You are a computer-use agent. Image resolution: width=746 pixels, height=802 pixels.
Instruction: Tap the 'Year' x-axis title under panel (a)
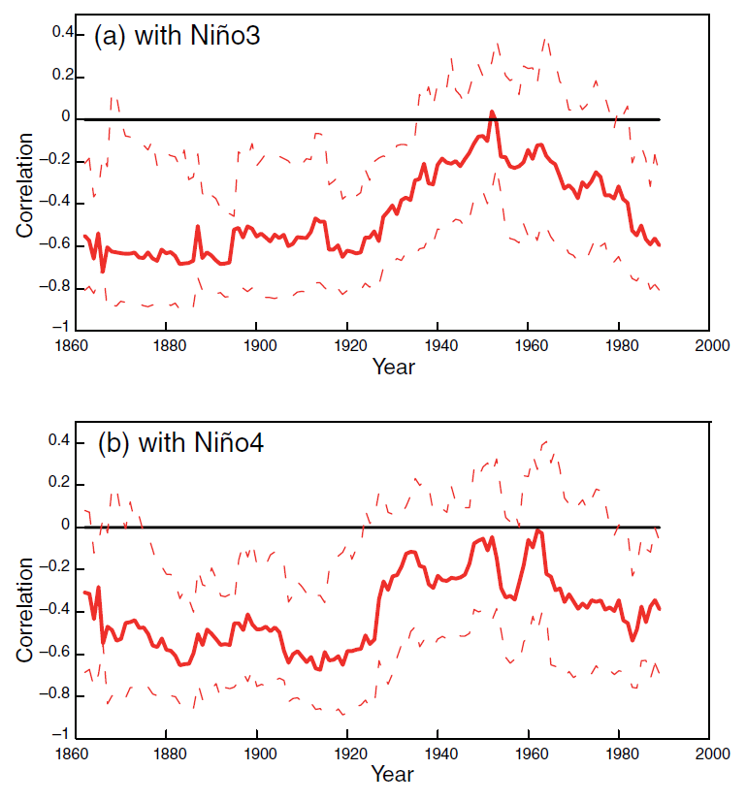(x=393, y=367)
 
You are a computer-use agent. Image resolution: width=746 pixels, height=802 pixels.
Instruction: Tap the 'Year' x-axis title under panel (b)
(x=393, y=774)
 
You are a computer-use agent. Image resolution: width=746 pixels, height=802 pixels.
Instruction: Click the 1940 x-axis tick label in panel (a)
(x=438, y=344)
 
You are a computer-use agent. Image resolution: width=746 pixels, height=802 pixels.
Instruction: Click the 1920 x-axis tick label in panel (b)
(x=348, y=753)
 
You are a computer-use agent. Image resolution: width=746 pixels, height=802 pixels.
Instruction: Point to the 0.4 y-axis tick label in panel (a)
(x=62, y=34)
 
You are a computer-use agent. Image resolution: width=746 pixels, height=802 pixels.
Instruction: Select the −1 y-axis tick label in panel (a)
(x=60, y=330)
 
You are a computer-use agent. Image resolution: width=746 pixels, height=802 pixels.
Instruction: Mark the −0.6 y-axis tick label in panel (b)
(x=57, y=653)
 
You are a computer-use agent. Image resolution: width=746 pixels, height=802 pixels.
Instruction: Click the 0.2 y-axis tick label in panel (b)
(x=62, y=483)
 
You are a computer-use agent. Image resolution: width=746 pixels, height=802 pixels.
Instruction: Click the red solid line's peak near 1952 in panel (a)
(x=492, y=112)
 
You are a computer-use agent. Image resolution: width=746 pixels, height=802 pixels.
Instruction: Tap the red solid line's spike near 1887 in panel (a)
(x=197, y=227)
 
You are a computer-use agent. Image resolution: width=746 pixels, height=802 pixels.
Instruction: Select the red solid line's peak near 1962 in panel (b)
(x=537, y=530)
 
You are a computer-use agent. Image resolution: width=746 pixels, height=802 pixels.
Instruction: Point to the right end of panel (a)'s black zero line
(x=660, y=119)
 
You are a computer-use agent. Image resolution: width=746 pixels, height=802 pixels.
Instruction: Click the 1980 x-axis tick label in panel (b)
(x=620, y=753)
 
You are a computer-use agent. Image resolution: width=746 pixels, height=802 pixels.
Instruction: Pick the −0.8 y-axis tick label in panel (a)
(x=57, y=287)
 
